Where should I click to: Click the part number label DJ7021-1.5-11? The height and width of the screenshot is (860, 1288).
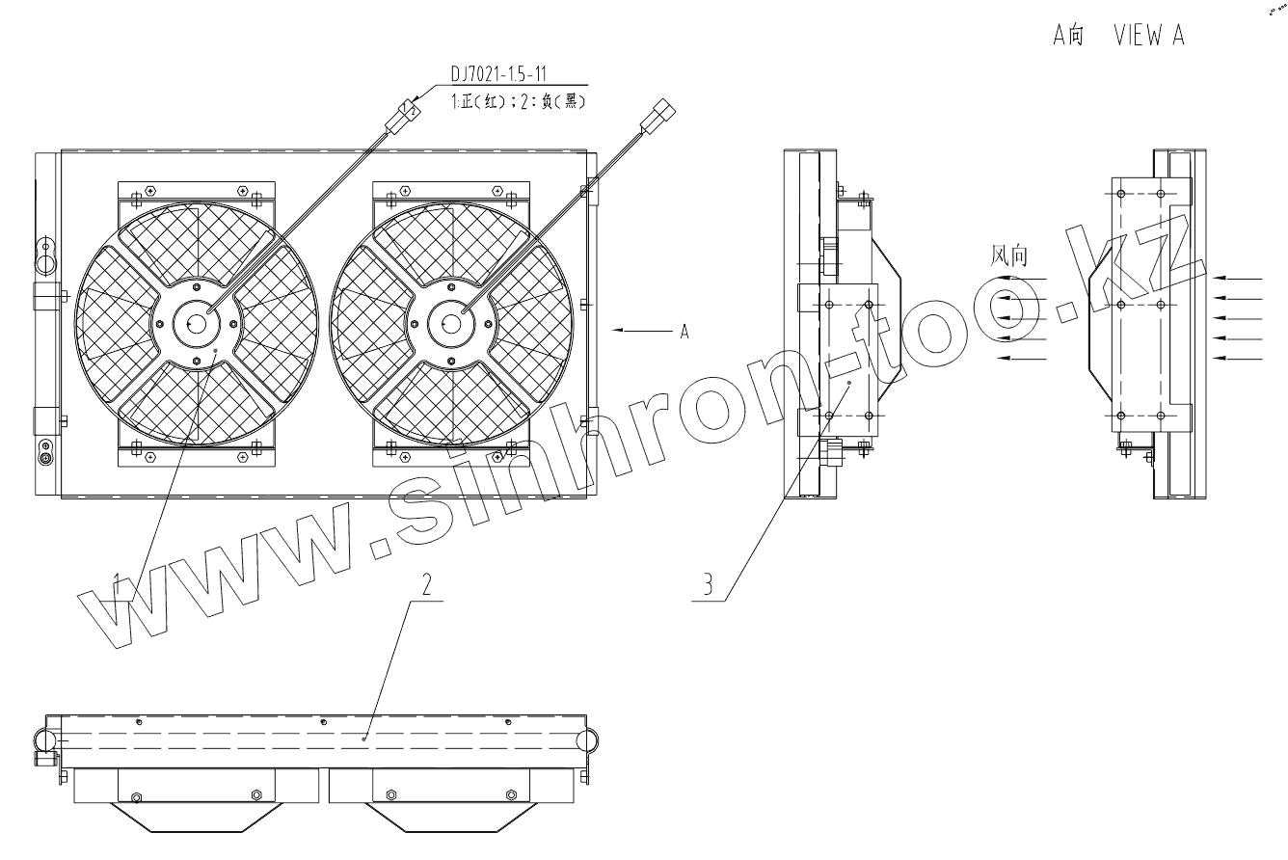pos(498,73)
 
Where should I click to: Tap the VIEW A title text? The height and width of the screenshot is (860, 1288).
pos(1149,35)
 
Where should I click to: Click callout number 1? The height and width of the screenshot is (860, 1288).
pos(118,584)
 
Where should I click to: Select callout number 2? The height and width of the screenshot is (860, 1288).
pos(426,584)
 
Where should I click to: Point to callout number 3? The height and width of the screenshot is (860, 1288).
pos(708,584)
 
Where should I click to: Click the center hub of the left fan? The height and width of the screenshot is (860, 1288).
pos(196,324)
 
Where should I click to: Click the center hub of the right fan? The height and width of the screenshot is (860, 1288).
pos(451,324)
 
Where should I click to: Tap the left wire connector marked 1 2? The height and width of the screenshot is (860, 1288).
pos(403,117)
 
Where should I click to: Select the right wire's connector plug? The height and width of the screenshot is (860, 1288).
pos(657,117)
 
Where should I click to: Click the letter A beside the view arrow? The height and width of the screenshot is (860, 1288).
pos(684,331)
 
